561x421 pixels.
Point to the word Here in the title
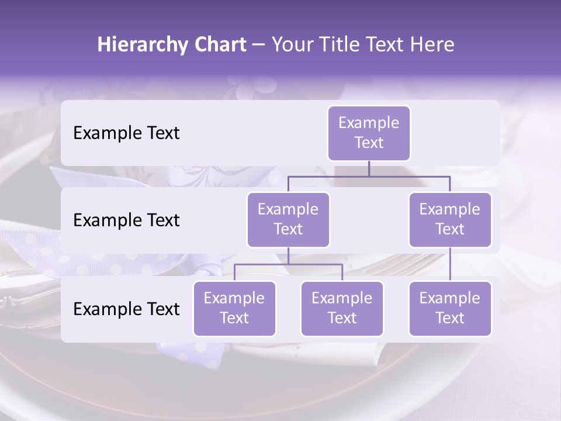point(432,45)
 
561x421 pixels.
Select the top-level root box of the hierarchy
point(369,133)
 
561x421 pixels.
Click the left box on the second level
point(288,220)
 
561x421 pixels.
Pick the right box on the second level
point(450,220)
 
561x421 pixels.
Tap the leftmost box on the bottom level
point(234,309)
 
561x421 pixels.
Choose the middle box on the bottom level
point(342,309)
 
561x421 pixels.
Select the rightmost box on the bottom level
point(450,309)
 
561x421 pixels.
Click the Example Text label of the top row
point(126,133)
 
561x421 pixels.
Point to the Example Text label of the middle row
point(126,220)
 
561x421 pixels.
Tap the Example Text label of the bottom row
point(126,309)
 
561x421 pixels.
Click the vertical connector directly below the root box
point(369,168)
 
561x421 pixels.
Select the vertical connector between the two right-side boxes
point(450,264)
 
